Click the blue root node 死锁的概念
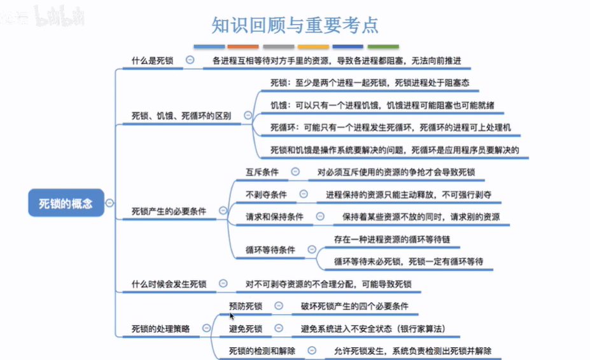click(66, 204)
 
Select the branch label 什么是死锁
click(152, 60)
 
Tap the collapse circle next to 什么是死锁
click(190, 60)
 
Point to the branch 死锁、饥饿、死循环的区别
click(181, 116)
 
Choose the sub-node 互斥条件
click(262, 172)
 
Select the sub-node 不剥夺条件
click(266, 194)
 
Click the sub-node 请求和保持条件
click(274, 216)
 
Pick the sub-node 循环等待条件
click(270, 250)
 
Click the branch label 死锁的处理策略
click(160, 328)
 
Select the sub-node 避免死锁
click(246, 328)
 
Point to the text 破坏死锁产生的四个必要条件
click(355, 306)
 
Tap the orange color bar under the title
click(243, 46)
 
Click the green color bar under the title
click(383, 46)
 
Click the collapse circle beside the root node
click(109, 204)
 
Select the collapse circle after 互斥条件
click(295, 172)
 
